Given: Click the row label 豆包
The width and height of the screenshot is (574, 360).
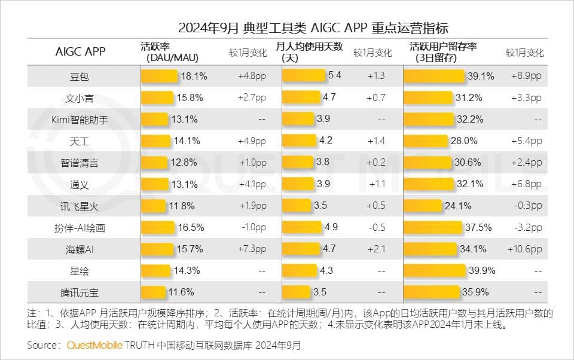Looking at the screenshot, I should (80, 76).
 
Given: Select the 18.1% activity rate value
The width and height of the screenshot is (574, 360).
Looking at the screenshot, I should (194, 76).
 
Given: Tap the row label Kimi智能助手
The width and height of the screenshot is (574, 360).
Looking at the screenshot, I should (80, 119).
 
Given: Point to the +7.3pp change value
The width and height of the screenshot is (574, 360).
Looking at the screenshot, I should (252, 249).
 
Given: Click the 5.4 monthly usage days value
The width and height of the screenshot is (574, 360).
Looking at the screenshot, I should (335, 76).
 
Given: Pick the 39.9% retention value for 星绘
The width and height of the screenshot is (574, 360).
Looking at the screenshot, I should (482, 270).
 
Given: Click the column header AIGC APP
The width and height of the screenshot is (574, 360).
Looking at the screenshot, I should (80, 51).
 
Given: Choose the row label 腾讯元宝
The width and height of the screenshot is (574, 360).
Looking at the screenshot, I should (80, 292).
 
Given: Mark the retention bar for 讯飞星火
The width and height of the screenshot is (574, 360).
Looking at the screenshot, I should (422, 206).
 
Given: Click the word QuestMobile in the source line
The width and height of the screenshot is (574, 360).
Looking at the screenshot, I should (94, 346).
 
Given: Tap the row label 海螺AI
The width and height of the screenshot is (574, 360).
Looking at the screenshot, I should (80, 249).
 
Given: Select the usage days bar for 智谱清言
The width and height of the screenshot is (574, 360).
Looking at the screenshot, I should (297, 163).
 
